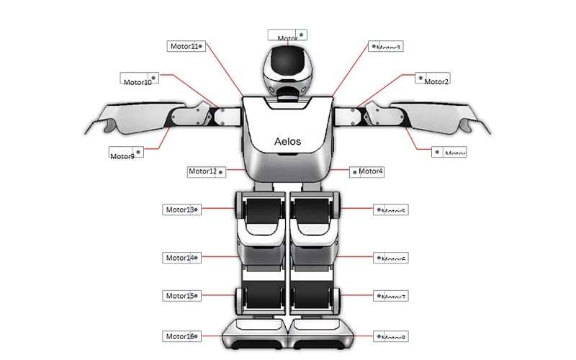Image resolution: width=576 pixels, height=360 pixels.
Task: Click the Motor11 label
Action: pos(185,46)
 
